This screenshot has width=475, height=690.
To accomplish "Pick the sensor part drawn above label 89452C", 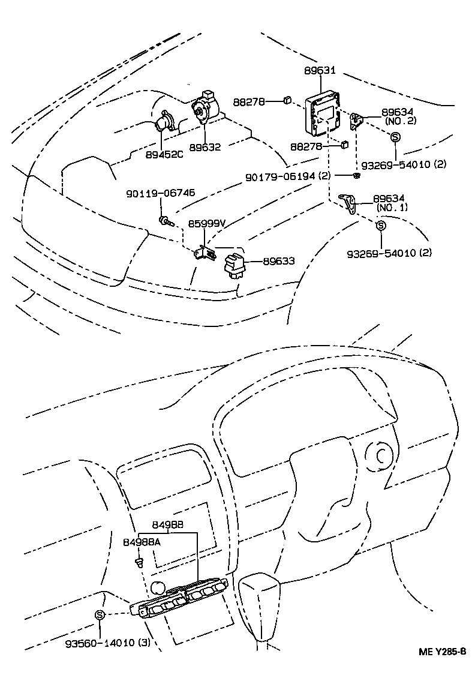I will pos(162,124).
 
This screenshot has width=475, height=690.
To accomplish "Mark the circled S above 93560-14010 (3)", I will pos(100,614).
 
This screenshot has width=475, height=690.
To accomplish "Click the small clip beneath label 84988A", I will pos(139,562).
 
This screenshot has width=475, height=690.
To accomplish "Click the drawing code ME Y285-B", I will pos(442,652).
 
